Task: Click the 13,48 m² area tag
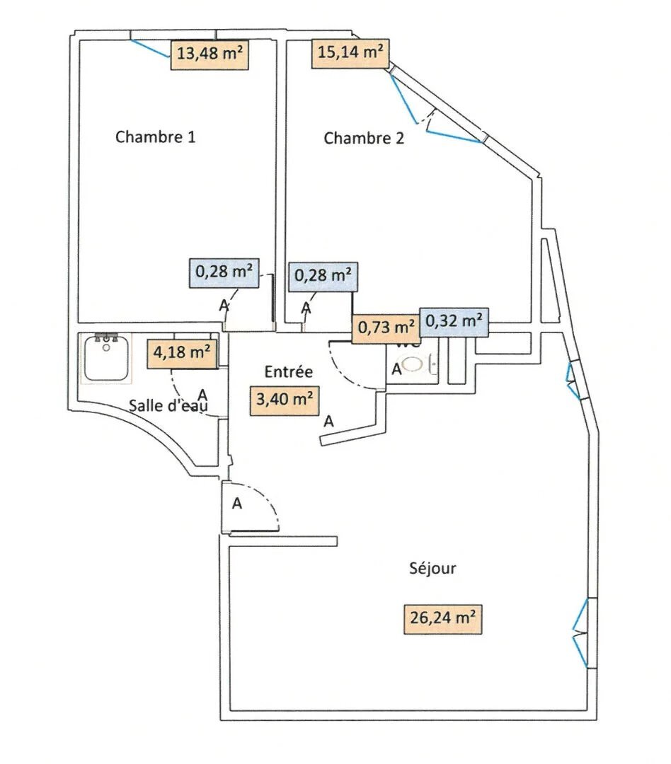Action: [x=210, y=54]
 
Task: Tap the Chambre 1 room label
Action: [x=155, y=137]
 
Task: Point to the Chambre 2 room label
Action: [x=364, y=139]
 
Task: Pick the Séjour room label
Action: [x=432, y=568]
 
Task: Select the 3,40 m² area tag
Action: [x=284, y=399]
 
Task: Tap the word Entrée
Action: [x=288, y=371]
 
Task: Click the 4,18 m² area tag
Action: [x=181, y=352]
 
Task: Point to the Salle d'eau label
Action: [x=168, y=406]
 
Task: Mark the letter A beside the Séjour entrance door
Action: [x=238, y=504]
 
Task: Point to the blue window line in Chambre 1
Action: [x=151, y=48]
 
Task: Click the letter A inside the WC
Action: [x=397, y=369]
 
